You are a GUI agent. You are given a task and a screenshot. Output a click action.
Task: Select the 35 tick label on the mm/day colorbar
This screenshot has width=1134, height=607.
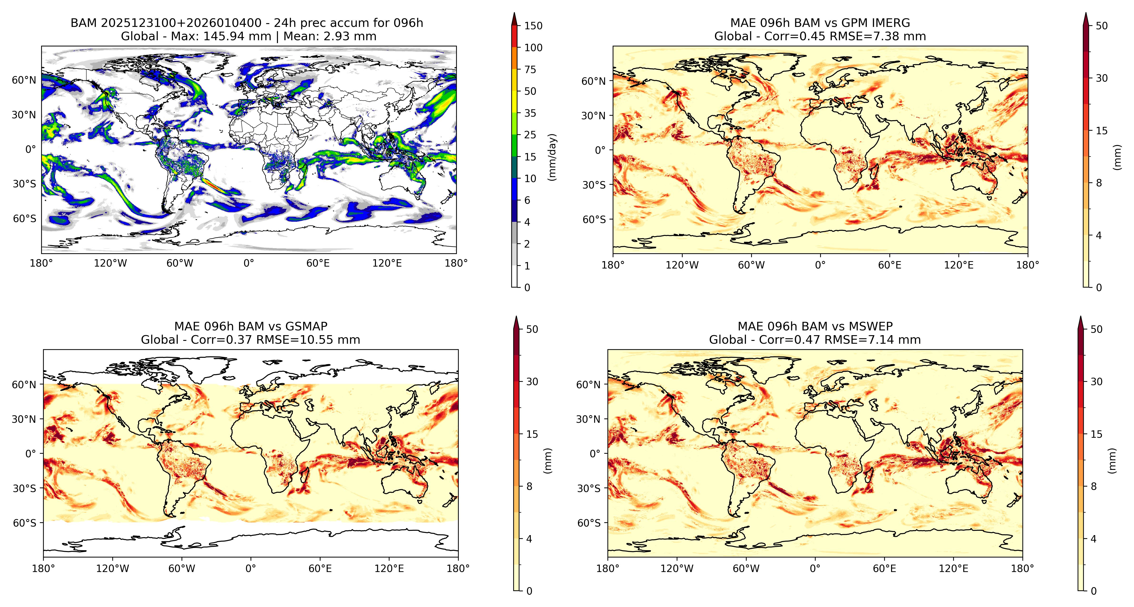(x=530, y=113)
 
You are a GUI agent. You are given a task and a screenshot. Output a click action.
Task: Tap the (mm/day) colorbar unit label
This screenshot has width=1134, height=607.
(x=552, y=157)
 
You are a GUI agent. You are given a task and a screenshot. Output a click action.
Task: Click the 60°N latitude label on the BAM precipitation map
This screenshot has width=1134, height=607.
(x=24, y=80)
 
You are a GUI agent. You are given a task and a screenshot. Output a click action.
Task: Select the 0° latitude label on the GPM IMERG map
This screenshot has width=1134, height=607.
(x=601, y=150)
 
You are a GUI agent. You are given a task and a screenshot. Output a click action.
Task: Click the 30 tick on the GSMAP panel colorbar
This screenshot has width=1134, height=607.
(x=532, y=382)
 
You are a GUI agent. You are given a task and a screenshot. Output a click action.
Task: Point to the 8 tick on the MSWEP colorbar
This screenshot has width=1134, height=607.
(x=1094, y=486)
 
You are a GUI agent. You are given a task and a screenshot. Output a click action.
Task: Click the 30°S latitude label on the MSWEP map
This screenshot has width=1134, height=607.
(x=589, y=488)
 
